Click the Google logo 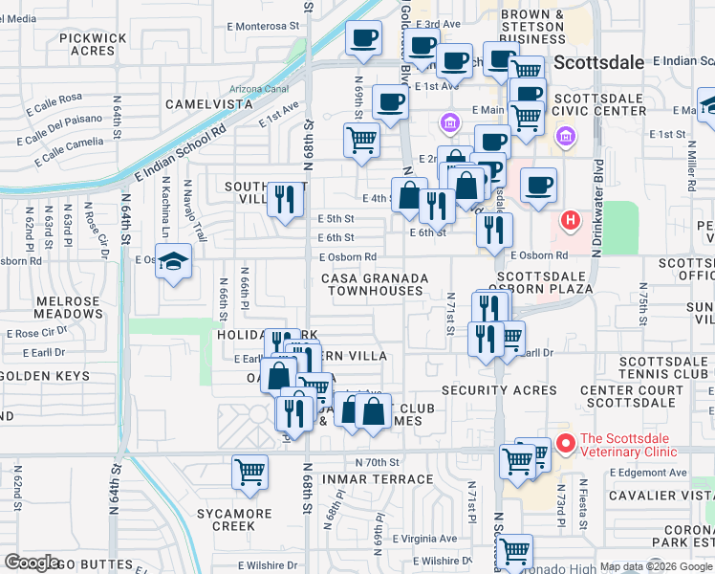(x=32, y=563)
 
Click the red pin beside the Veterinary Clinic (x=565, y=443)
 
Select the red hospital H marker (x=571, y=222)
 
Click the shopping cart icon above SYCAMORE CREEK (x=249, y=471)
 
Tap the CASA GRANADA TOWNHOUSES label (x=373, y=283)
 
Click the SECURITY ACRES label (x=499, y=390)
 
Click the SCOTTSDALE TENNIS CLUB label (x=663, y=367)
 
